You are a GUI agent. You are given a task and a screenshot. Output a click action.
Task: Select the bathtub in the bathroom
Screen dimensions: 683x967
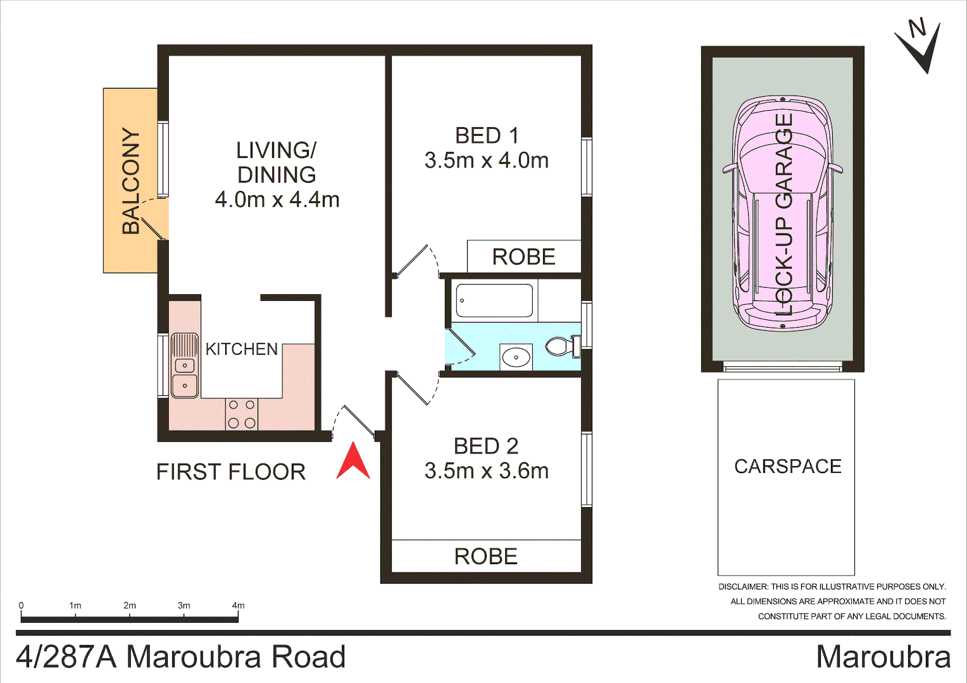494,301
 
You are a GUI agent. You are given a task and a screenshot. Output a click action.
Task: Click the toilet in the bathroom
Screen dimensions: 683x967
561,346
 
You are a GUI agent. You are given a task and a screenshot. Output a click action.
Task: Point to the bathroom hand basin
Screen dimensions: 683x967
516,357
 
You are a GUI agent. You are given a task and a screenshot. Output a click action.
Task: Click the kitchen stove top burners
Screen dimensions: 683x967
242,414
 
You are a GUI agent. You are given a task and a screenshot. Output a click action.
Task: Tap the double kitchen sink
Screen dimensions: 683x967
185,366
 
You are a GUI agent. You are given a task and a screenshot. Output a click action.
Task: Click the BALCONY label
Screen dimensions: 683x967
131,181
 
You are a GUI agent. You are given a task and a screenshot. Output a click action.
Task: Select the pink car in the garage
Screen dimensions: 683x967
783,213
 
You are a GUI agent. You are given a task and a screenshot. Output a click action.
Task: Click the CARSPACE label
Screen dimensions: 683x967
787,467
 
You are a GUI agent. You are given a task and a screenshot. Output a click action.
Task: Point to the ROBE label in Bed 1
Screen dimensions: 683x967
523,257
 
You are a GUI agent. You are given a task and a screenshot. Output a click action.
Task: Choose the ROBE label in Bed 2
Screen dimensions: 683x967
485,557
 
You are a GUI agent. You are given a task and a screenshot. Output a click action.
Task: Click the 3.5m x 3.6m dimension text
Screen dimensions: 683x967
486,471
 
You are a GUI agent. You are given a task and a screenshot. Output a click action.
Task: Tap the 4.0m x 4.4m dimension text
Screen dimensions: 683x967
277,200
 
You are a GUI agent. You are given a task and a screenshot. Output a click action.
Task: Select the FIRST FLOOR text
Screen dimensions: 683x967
231,472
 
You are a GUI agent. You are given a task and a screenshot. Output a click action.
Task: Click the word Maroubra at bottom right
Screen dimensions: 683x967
883,657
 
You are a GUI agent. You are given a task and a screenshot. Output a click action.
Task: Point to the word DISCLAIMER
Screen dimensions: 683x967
742,587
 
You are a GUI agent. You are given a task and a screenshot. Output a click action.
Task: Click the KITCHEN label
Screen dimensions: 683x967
242,349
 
